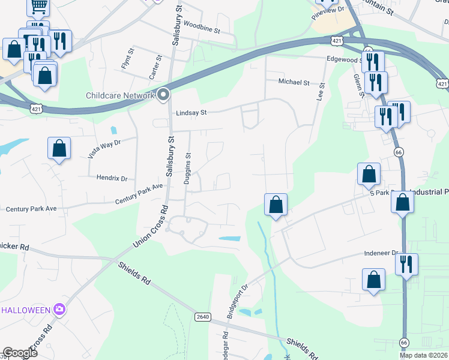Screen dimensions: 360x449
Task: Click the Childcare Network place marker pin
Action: [163, 95]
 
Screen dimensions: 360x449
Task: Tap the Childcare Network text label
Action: [120, 95]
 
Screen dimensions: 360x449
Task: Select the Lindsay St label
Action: [191, 112]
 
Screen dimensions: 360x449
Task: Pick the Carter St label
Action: [155, 67]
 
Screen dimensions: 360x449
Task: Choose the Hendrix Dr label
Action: [112, 178]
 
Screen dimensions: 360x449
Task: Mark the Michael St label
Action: [294, 82]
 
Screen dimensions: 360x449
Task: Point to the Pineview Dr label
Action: [328, 13]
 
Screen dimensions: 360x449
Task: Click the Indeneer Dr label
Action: [381, 254]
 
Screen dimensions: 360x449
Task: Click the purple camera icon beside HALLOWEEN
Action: [59, 310]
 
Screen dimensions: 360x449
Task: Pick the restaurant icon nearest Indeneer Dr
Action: [406, 264]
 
